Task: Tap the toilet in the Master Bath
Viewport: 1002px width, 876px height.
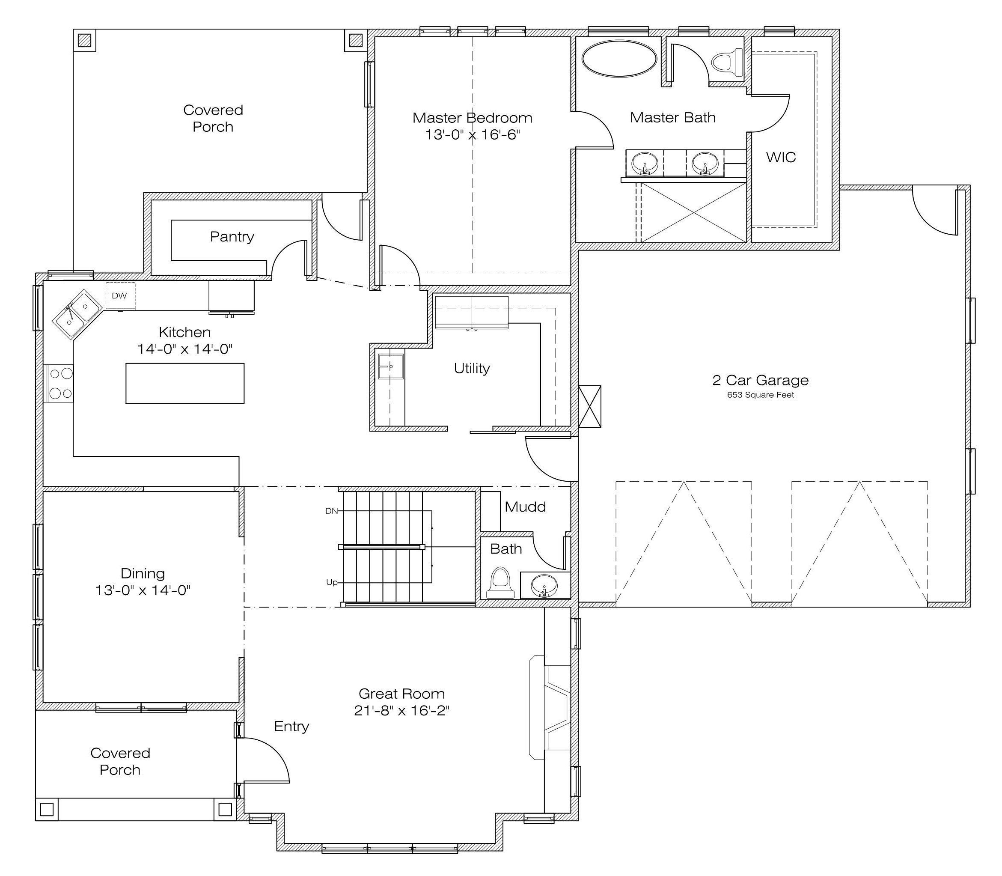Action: (x=727, y=63)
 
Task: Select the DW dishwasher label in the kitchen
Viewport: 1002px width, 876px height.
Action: (x=119, y=296)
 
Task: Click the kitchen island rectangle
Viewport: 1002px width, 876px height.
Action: (x=185, y=383)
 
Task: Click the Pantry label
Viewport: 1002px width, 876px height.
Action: (x=232, y=237)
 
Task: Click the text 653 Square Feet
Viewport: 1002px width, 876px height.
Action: (x=761, y=395)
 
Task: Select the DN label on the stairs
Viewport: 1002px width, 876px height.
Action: (x=331, y=511)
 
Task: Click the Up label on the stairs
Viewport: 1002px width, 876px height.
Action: (x=332, y=582)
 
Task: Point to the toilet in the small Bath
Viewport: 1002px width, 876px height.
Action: (x=500, y=583)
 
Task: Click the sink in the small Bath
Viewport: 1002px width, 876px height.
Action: (x=544, y=585)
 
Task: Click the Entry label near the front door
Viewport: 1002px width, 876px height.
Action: (x=292, y=727)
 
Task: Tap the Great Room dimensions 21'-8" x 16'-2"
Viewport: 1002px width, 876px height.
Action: (x=402, y=710)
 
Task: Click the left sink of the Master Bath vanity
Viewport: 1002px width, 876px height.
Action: (x=645, y=163)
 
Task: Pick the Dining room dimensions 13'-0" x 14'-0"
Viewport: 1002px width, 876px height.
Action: (x=143, y=590)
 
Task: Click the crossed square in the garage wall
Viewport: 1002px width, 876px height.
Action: (x=590, y=407)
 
